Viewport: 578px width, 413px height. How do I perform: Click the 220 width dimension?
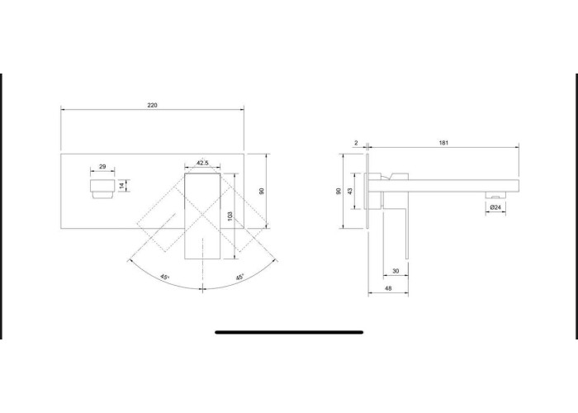153,106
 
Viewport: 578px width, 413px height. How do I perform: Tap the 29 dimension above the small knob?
102,167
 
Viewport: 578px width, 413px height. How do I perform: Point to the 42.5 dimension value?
201,163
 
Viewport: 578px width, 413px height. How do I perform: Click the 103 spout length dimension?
230,216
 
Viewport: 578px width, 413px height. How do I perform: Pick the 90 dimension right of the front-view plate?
262,190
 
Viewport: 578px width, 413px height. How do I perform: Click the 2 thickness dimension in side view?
356,144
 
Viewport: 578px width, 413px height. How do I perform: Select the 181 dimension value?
443,144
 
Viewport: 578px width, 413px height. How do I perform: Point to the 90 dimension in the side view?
339,191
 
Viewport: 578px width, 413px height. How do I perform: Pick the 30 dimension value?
396,271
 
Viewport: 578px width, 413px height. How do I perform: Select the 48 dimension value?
387,288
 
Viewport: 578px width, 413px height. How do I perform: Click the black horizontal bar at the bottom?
289,332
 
